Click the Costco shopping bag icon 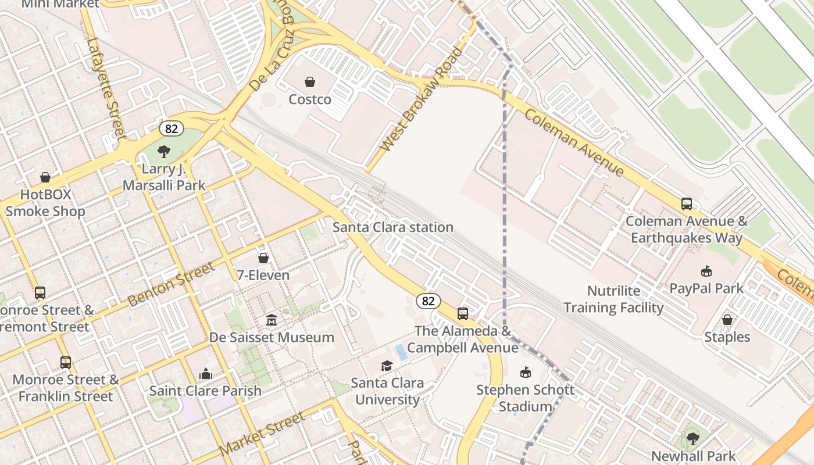click(x=310, y=82)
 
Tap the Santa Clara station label click(x=392, y=227)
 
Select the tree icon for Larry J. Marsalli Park click(x=164, y=152)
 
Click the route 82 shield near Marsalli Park click(x=172, y=128)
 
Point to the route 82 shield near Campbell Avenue click(x=428, y=301)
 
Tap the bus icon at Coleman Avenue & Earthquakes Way click(x=687, y=204)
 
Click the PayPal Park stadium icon click(x=706, y=271)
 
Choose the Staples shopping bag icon click(x=727, y=320)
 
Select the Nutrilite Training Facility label click(x=613, y=299)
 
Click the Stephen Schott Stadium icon click(x=525, y=372)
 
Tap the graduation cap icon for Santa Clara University click(x=387, y=366)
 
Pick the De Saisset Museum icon click(x=272, y=320)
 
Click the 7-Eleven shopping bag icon click(x=263, y=257)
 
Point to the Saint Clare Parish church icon click(x=205, y=374)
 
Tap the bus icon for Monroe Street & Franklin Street click(x=66, y=363)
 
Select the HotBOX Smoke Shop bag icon click(x=45, y=177)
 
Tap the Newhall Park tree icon click(x=692, y=438)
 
